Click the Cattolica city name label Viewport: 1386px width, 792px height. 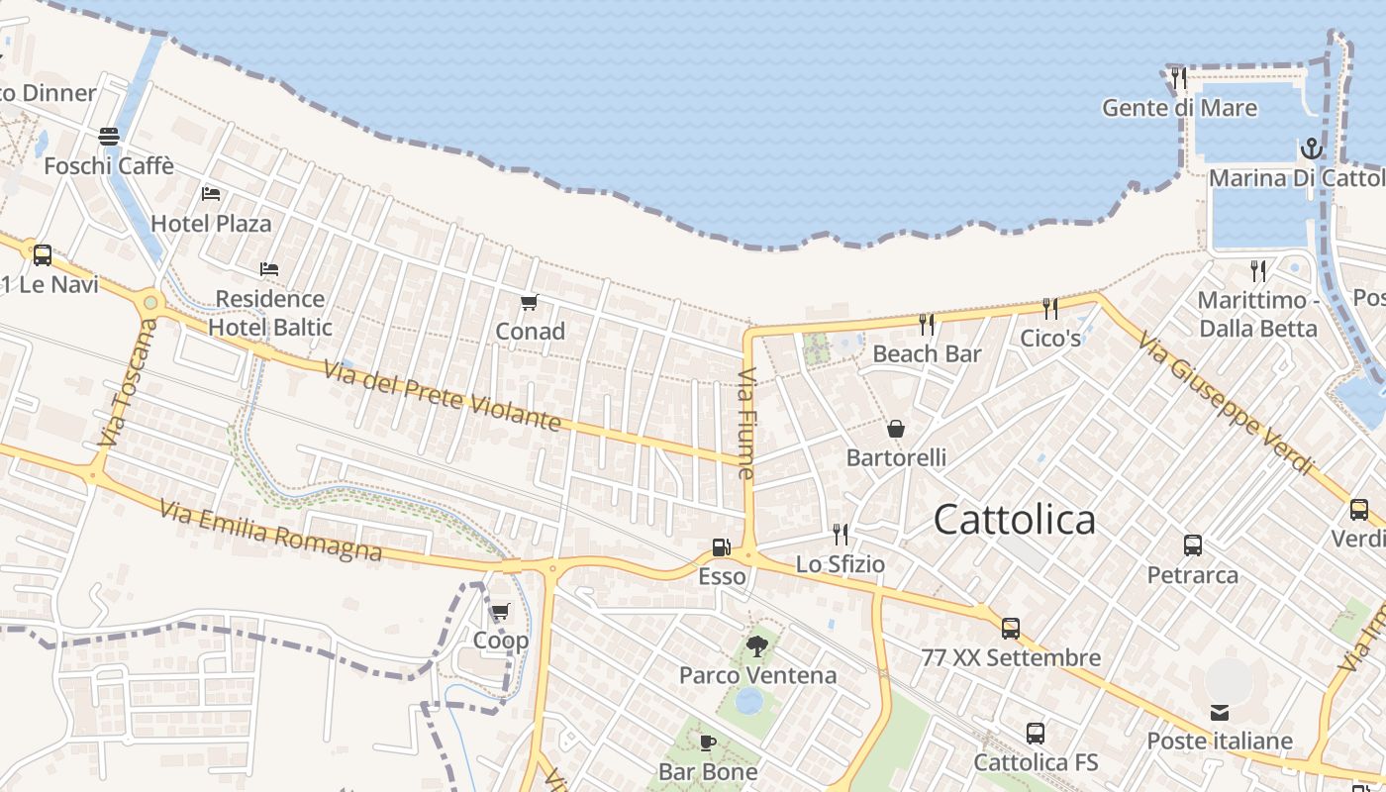pos(1015,520)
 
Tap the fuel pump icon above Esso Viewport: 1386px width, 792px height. pos(722,546)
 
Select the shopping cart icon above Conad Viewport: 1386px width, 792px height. pos(530,302)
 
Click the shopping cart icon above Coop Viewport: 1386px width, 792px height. pos(500,611)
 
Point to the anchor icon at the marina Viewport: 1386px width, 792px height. pos(1311,149)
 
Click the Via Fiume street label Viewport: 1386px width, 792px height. pos(746,424)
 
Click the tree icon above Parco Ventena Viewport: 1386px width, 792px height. pos(757,646)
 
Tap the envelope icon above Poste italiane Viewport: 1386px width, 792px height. pos(1219,713)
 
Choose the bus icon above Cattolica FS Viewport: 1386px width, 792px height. pos(1035,734)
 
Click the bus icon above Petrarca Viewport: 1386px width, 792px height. pos(1192,545)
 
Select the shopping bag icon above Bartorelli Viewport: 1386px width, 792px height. pos(896,429)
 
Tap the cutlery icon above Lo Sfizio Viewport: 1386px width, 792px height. pos(840,535)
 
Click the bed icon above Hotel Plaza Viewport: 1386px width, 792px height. pos(210,194)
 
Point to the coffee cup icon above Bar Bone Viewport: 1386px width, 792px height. pos(708,742)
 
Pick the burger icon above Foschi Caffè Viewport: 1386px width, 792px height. pos(109,137)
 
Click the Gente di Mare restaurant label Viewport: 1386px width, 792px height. pos(1179,108)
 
